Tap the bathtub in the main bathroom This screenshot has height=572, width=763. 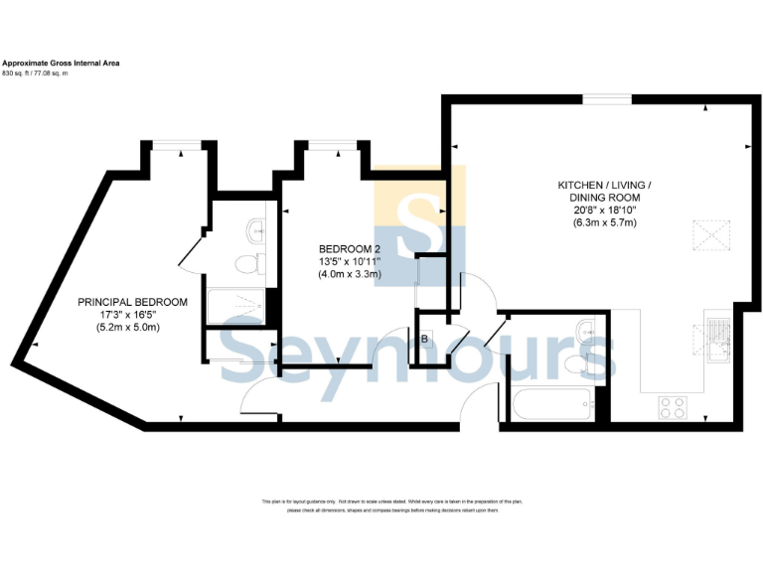point(552,402)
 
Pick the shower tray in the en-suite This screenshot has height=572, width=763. point(236,307)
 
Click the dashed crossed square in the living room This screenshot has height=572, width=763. point(710,237)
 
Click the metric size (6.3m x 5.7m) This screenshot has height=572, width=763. point(604,222)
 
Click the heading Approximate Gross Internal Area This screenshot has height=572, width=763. point(62,63)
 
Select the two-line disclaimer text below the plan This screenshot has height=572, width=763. point(381,506)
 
